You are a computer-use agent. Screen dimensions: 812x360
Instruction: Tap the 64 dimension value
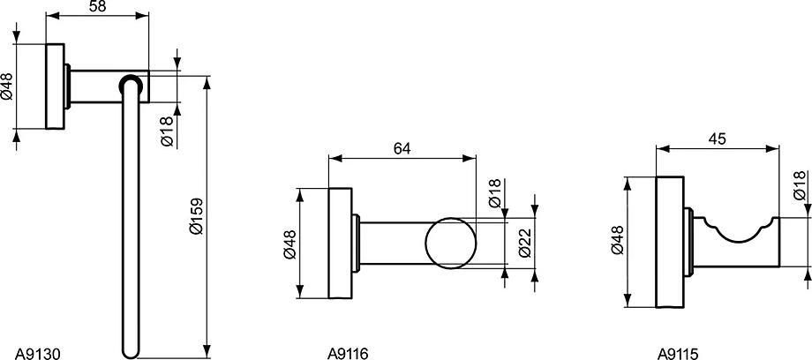[x=402, y=148]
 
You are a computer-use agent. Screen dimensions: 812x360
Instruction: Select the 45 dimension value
[x=718, y=139]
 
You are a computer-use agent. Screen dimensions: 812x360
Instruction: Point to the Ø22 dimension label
[x=523, y=243]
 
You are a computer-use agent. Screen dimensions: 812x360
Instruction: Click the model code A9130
[x=38, y=354]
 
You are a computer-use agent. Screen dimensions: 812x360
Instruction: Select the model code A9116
[x=348, y=354]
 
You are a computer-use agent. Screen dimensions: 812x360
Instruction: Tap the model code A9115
[x=678, y=354]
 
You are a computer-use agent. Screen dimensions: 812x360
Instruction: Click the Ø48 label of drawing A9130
[x=7, y=86]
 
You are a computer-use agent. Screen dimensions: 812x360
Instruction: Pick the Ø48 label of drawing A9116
[x=289, y=244]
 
